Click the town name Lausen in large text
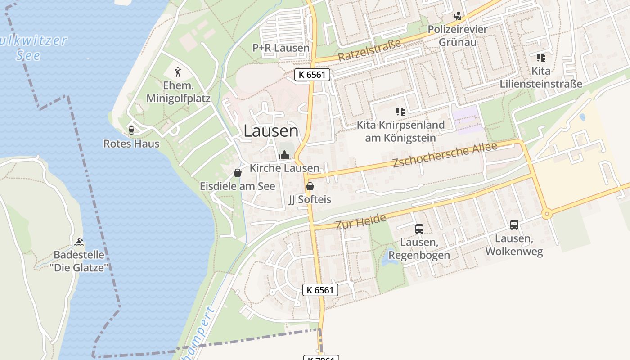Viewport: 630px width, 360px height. click(x=271, y=131)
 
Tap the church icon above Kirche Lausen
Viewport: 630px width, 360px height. click(x=284, y=155)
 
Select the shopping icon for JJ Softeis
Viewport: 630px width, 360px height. click(x=310, y=186)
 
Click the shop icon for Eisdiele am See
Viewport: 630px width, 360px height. click(x=238, y=173)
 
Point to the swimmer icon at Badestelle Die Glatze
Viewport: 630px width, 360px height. click(x=79, y=242)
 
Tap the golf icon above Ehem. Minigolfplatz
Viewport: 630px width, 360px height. click(x=178, y=72)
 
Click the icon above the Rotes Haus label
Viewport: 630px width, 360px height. click(x=131, y=130)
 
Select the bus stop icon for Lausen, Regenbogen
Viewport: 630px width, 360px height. click(x=419, y=229)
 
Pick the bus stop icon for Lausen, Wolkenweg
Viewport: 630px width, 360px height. click(x=514, y=225)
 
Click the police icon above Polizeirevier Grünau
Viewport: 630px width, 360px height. click(x=458, y=17)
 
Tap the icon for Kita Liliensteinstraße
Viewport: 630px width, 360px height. click(x=540, y=58)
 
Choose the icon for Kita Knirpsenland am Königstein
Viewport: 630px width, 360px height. click(x=400, y=111)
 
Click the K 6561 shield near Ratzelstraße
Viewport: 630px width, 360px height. click(x=312, y=75)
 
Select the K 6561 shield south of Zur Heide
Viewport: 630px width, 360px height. click(x=320, y=290)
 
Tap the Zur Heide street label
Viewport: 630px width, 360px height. click(x=361, y=221)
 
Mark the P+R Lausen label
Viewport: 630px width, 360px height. click(x=281, y=48)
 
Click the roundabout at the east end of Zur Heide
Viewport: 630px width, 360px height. click(x=547, y=214)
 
